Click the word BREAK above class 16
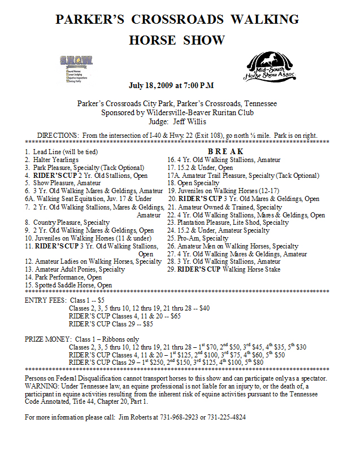pos(225,151)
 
